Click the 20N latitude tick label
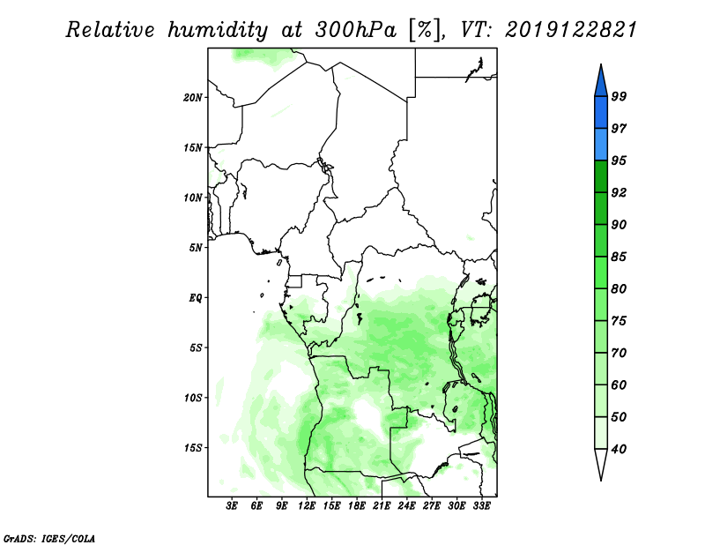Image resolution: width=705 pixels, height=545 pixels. (x=192, y=98)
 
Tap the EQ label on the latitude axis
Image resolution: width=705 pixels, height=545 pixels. (x=196, y=298)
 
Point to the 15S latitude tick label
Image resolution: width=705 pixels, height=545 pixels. (x=192, y=448)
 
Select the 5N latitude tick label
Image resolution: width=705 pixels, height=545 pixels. (x=196, y=248)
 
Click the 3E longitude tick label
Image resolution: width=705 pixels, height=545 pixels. (x=232, y=506)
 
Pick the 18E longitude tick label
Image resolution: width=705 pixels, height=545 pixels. (x=357, y=506)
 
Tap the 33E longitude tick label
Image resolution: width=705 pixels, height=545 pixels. (x=481, y=506)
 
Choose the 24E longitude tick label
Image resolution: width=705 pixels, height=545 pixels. (x=406, y=506)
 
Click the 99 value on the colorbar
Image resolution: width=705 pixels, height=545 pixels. (x=619, y=96)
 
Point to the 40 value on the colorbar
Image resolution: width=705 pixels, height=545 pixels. (x=619, y=449)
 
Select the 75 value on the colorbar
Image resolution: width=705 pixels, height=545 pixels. (x=619, y=321)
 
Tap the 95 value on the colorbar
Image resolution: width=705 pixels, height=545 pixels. (x=619, y=161)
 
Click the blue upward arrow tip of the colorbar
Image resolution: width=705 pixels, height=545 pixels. (x=601, y=64)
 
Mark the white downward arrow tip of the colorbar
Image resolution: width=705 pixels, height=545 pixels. (x=601, y=481)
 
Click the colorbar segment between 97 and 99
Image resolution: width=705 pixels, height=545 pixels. (x=601, y=113)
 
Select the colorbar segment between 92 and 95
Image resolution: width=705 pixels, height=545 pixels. (x=601, y=176)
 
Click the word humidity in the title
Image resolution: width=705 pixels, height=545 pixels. (x=218, y=30)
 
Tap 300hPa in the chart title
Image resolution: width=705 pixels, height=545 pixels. (x=356, y=30)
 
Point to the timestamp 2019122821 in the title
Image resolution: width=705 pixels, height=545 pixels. (x=571, y=30)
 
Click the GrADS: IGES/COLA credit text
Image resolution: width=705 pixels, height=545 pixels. (x=49, y=538)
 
